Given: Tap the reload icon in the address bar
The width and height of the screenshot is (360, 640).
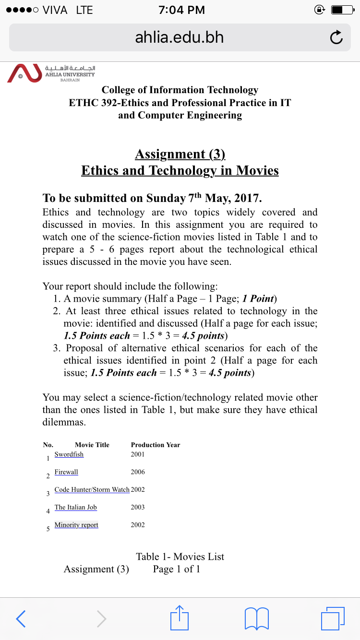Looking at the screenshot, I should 336,37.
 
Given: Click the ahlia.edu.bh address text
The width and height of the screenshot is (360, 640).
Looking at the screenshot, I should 180,37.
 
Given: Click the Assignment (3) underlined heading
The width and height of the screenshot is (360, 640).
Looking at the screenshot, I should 180,154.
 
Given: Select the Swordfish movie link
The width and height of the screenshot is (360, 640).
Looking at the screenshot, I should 69,454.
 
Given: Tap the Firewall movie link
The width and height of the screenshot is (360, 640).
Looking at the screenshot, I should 66,472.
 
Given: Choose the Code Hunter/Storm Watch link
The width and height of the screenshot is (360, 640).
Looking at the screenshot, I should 92,490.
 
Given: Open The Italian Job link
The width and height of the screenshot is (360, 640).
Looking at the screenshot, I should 76,507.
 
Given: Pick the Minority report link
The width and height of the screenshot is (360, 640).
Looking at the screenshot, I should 76,525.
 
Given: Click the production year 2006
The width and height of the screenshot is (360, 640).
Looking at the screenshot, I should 138,472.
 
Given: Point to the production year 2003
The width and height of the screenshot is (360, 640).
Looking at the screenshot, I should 138,507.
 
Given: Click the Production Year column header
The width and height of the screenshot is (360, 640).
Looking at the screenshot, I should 156,445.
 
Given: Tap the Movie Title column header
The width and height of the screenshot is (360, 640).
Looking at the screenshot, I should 92,445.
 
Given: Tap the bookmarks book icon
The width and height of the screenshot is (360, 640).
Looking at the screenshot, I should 257,618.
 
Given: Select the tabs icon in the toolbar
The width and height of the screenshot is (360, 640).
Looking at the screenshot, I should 332,618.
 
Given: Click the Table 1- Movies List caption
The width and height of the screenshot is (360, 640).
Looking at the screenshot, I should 180,557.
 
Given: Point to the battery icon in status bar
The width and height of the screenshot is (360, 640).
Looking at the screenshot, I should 342,10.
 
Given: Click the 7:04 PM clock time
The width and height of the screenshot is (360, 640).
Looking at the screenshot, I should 181,10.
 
